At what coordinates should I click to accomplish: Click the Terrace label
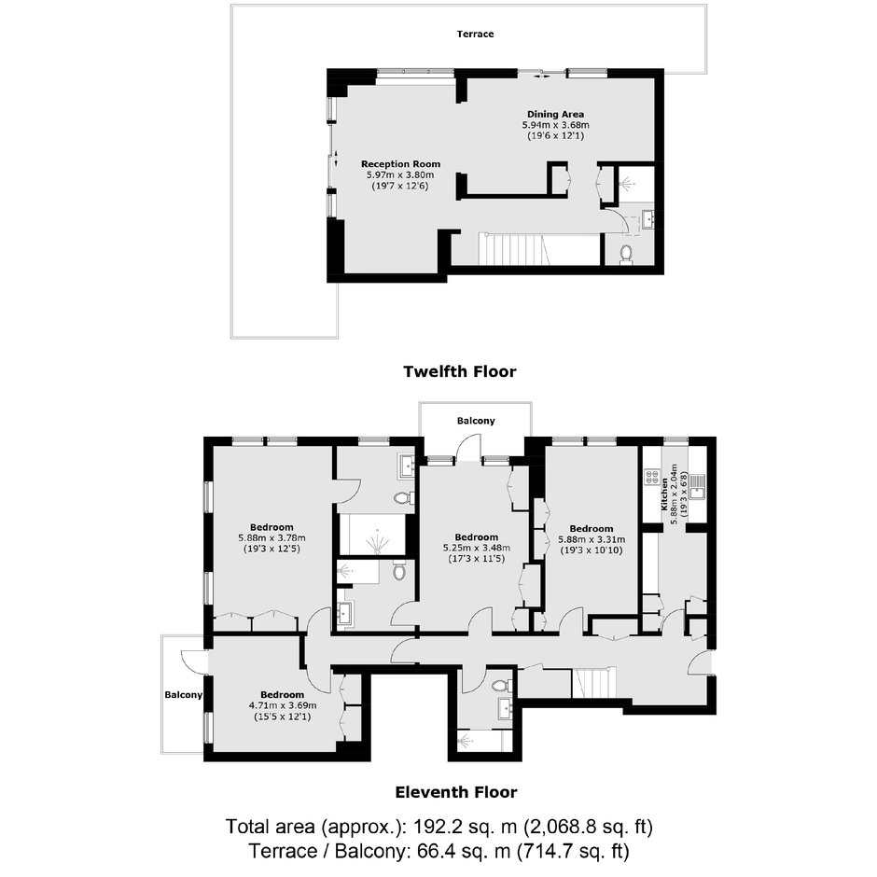pos(475,35)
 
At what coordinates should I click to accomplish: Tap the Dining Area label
pos(555,115)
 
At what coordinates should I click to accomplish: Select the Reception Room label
pos(400,164)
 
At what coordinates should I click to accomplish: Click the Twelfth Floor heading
pos(460,371)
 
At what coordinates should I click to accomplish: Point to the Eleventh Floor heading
pos(456,792)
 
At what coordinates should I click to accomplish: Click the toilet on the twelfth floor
pos(626,254)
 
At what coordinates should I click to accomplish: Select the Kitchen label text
pos(664,494)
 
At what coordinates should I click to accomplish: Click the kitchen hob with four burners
pos(652,476)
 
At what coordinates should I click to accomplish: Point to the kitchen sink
pos(697,486)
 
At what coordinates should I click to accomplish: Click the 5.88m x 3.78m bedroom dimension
pos(271,538)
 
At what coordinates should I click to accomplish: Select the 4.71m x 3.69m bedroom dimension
pos(283,706)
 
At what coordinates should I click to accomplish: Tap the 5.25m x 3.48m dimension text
pos(477,549)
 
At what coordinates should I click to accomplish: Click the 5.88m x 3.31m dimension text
pos(592,540)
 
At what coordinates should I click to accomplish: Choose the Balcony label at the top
pos(476,421)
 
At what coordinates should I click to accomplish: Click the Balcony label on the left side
pos(184,695)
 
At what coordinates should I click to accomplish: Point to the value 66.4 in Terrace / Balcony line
pos(437,851)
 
